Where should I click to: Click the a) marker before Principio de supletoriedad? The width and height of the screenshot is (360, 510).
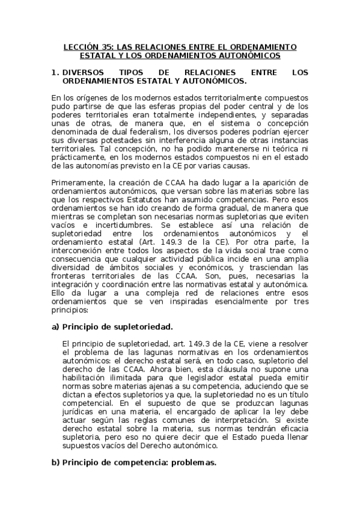point(56,327)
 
